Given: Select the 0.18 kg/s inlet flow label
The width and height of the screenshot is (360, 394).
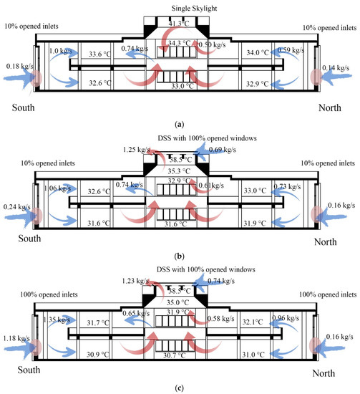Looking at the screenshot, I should (15, 67).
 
